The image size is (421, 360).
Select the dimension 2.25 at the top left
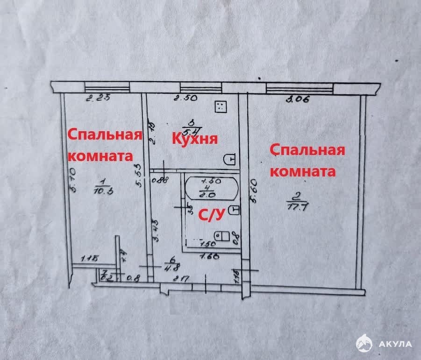pos(99,98)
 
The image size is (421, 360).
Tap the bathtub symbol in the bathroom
pos(211,188)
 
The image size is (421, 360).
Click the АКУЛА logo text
pos(395,344)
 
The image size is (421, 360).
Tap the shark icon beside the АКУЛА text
pos(365,344)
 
